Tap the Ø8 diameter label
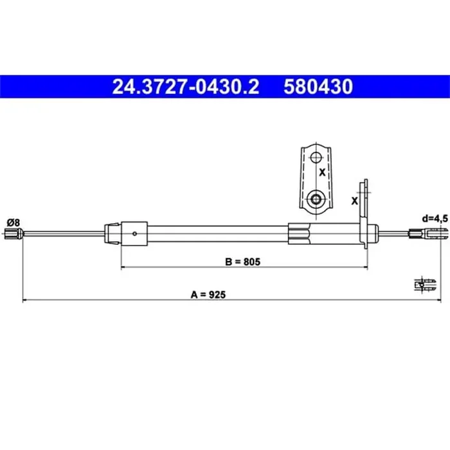tap(13, 222)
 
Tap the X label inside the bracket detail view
tap(322, 172)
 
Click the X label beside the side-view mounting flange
tap(354, 201)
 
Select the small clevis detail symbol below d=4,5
tap(422, 283)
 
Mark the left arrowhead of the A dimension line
tap(24, 300)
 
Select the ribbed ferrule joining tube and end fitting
tap(300, 232)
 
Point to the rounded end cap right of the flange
tap(372, 233)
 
